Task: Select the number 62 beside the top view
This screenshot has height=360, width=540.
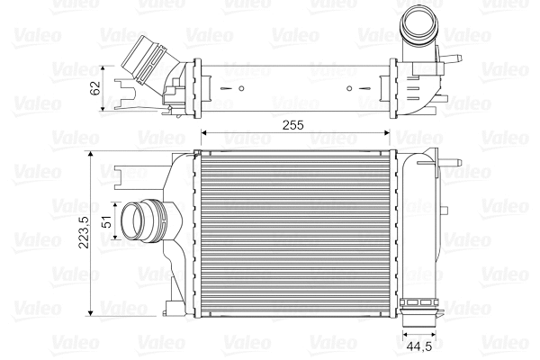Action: coord(94,87)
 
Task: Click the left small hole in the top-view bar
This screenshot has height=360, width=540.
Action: coord(242,89)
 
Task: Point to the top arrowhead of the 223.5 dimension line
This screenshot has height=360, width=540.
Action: coord(91,154)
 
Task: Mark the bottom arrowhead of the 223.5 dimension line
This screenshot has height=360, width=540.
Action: coord(91,312)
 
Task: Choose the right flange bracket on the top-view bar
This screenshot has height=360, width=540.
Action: coord(394,88)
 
